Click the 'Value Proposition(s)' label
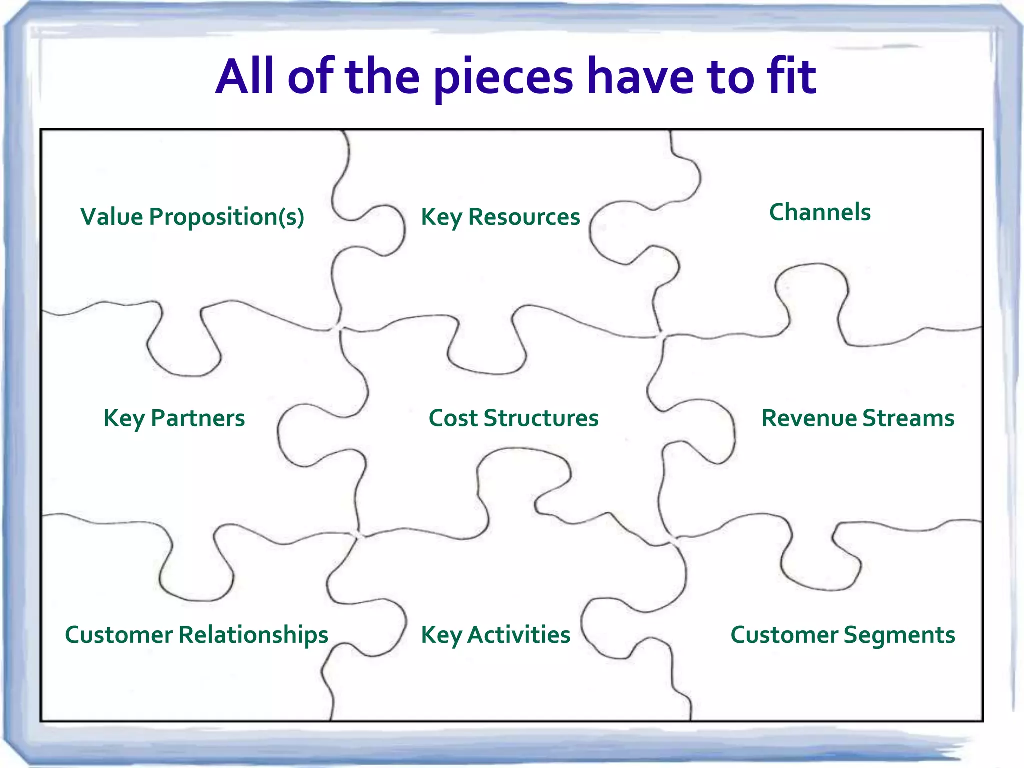pyautogui.click(x=192, y=217)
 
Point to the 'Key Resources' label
pyautogui.click(x=500, y=217)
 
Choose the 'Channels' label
pyautogui.click(x=820, y=212)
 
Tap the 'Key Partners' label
pyautogui.click(x=174, y=418)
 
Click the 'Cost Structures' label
pyautogui.click(x=513, y=418)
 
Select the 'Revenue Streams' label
pyautogui.click(x=858, y=418)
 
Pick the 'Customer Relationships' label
pyautogui.click(x=196, y=635)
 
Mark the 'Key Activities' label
pyautogui.click(x=495, y=635)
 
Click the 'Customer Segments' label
pyautogui.click(x=843, y=635)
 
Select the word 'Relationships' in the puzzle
pyautogui.click(x=253, y=635)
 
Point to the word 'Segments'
pyautogui.click(x=899, y=635)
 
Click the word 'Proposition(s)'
pyautogui.click(x=227, y=217)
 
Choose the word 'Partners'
pyautogui.click(x=198, y=418)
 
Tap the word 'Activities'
pyautogui.click(x=519, y=635)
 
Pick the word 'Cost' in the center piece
pyautogui.click(x=453, y=418)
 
